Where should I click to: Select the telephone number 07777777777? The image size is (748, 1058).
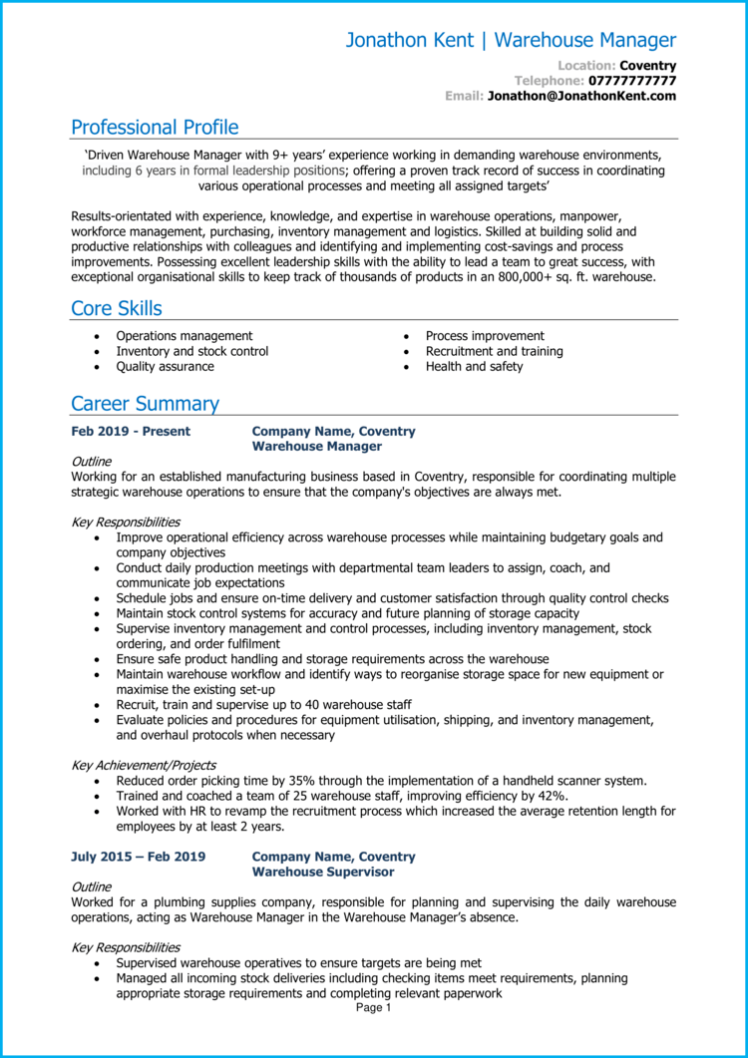tap(632, 81)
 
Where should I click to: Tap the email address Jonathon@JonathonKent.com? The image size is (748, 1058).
tap(581, 96)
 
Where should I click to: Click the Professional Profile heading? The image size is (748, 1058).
tap(155, 128)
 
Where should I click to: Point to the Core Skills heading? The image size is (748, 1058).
tap(117, 308)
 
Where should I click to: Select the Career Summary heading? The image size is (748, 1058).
tap(145, 404)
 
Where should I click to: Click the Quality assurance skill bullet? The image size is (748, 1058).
tap(165, 366)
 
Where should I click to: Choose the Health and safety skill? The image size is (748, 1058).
tap(474, 366)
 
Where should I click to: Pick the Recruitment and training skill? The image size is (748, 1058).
tap(494, 351)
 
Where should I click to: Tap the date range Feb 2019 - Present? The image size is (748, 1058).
tap(131, 432)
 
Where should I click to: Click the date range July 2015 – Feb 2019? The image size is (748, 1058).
tap(138, 857)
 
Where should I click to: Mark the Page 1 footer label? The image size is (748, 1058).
tap(374, 1008)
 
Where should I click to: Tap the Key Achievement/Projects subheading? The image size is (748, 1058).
tap(144, 765)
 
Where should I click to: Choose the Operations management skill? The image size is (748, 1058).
tap(185, 336)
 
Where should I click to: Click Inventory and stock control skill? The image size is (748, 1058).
tap(191, 351)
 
